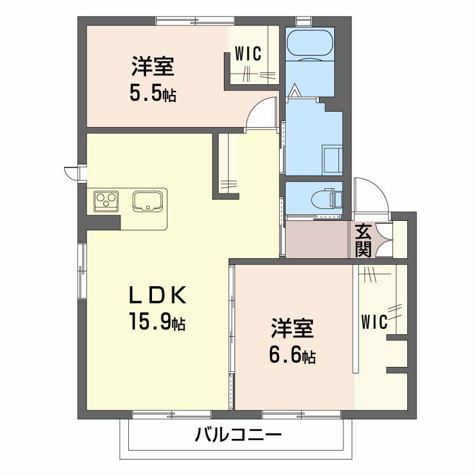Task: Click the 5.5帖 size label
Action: click(153, 93)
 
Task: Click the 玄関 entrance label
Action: click(363, 240)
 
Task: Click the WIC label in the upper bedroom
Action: click(248, 53)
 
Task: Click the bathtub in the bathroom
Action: click(311, 44)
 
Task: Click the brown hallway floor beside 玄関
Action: click(316, 240)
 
